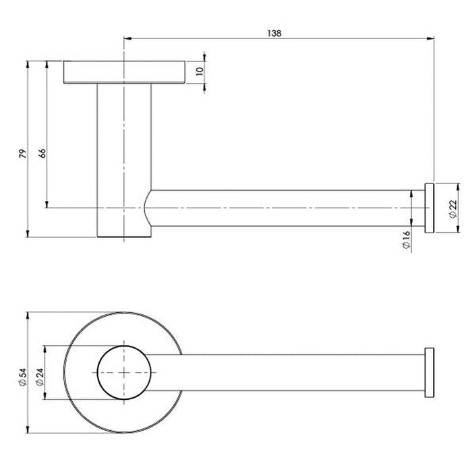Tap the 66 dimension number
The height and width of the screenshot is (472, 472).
click(42, 153)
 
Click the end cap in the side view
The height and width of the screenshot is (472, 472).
click(427, 208)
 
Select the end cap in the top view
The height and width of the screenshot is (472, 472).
click(427, 373)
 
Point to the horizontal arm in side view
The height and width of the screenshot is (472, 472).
click(283, 208)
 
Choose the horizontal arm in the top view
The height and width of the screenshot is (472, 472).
click(283, 373)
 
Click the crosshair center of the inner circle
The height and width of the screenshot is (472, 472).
click(123, 373)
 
